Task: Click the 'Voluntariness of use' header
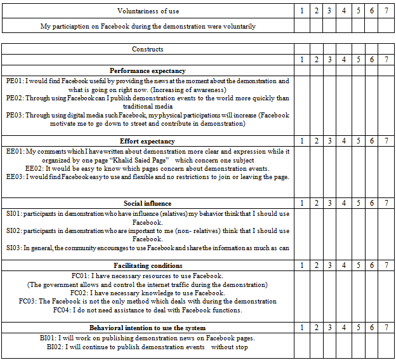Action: point(148,11)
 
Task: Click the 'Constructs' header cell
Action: point(147,49)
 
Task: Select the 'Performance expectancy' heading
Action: point(147,70)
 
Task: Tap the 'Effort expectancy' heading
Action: point(147,141)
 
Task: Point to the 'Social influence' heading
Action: point(147,203)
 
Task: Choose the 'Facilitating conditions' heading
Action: point(147,265)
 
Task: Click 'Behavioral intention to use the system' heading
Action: point(147,328)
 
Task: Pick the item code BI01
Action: point(49,338)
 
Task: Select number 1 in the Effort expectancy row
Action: point(301,141)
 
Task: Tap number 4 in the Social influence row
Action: point(344,203)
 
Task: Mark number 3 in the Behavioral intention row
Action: point(330,328)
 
